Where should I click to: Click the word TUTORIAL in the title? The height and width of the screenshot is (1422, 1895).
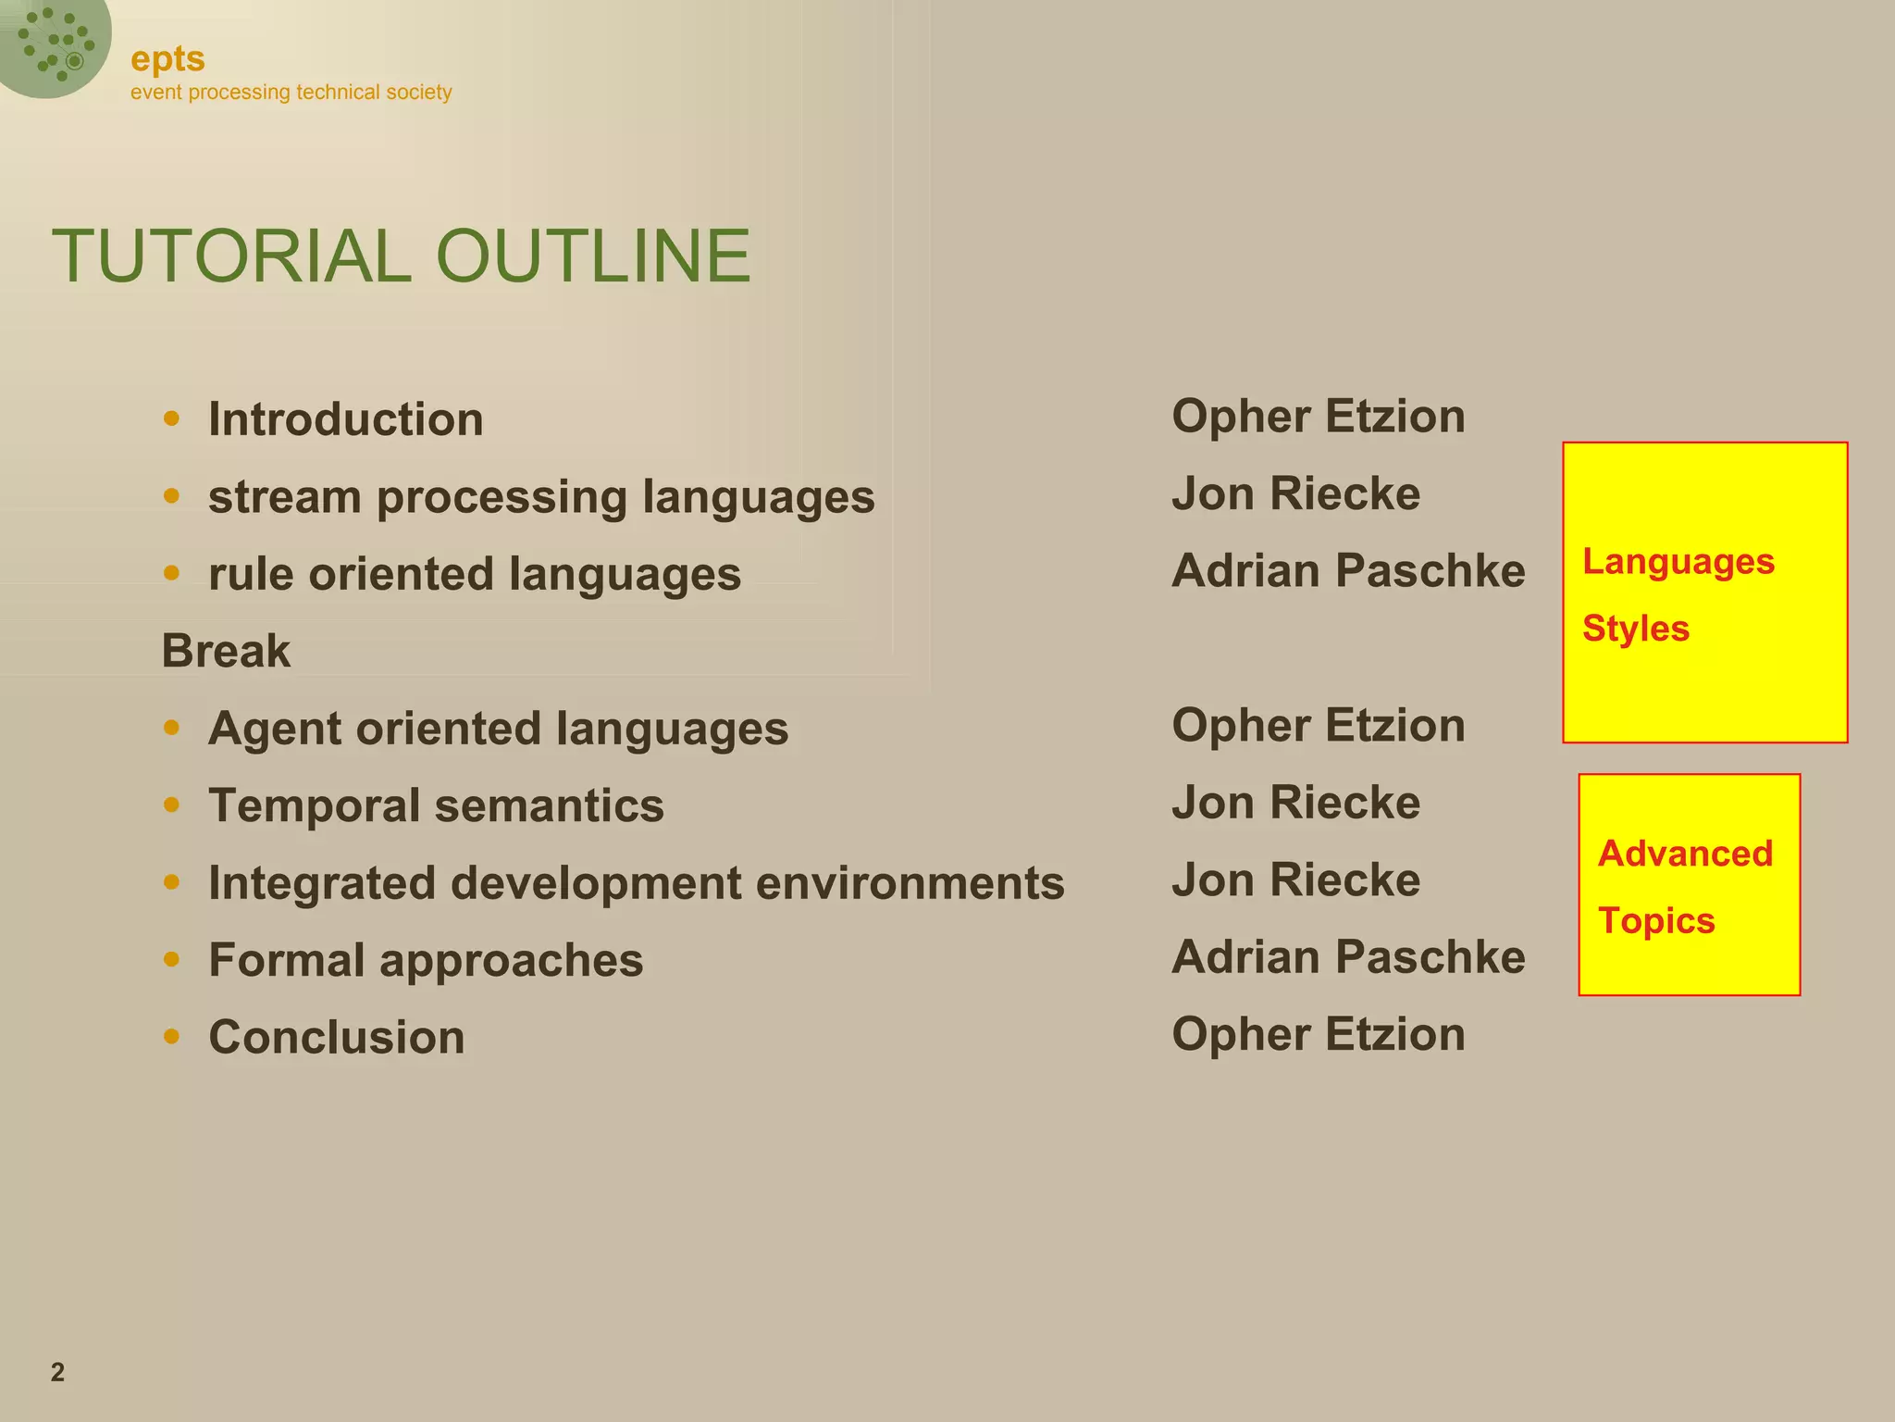(x=231, y=256)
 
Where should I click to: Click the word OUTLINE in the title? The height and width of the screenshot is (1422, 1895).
(x=592, y=256)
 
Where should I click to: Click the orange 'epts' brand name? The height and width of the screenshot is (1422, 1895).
(x=167, y=59)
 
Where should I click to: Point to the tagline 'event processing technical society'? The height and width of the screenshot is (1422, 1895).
(x=291, y=93)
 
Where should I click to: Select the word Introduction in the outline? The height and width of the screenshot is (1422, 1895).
(x=345, y=419)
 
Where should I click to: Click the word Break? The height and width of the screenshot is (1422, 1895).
(x=226, y=651)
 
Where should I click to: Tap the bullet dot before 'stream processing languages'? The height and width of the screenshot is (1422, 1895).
(x=171, y=496)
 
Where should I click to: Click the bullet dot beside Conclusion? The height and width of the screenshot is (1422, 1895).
(x=171, y=1036)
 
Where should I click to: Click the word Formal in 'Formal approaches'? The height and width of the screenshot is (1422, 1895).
(x=286, y=960)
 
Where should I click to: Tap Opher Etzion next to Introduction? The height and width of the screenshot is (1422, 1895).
(x=1318, y=417)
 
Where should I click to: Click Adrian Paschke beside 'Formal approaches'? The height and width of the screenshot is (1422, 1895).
(x=1347, y=957)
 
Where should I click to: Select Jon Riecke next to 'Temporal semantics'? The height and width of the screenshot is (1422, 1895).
(x=1295, y=803)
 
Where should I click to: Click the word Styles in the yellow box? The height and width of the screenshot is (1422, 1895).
(x=1635, y=629)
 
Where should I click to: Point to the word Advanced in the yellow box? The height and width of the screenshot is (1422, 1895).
(x=1685, y=854)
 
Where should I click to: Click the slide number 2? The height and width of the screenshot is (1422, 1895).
(x=57, y=1372)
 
